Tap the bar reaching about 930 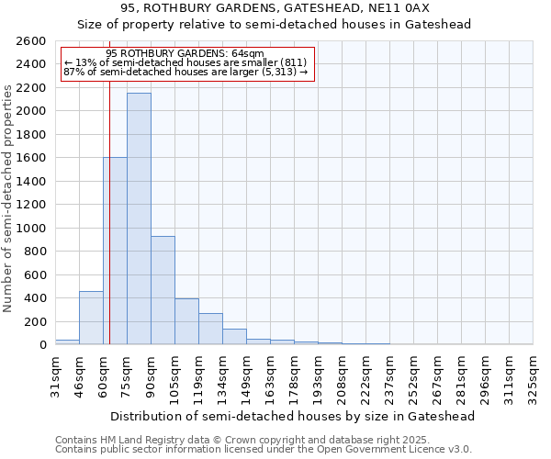point(163,290)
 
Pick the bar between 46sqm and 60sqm point(91,318)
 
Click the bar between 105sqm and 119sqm point(186,321)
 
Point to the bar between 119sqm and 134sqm point(210,329)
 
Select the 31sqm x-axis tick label point(55,374)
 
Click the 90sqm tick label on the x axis point(151,374)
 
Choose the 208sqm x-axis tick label point(342,375)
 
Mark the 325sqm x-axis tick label point(533,375)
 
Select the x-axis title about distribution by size point(293,416)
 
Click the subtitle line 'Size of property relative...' point(274,25)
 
